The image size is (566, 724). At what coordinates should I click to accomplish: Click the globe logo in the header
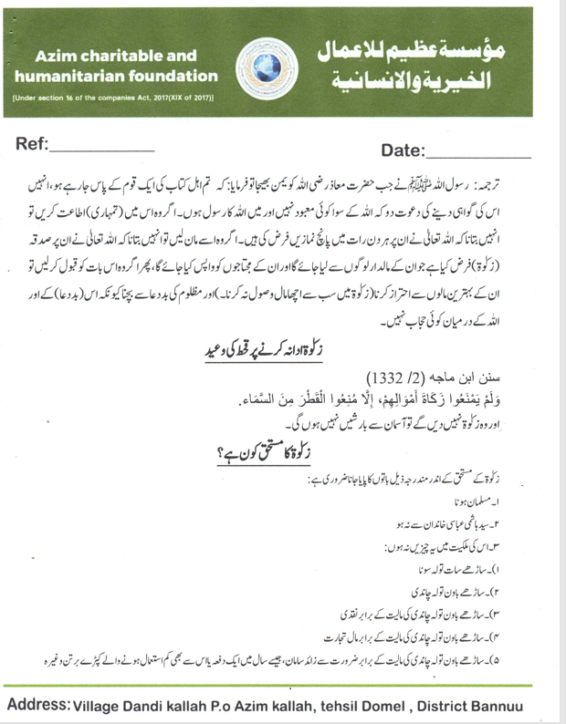click(267, 65)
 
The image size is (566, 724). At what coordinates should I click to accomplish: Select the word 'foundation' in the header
click(177, 77)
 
